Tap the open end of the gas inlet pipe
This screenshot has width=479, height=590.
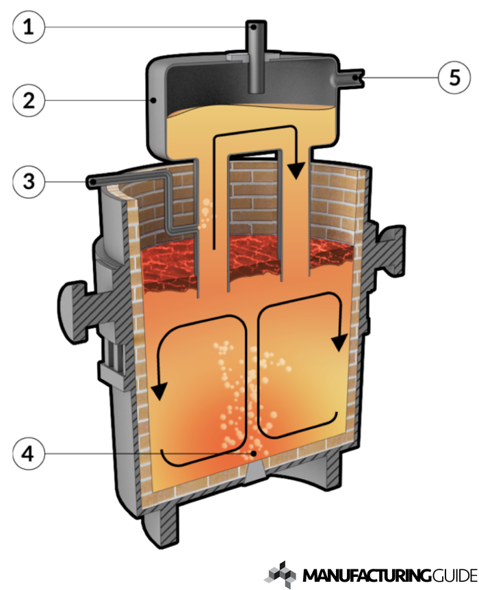(x=91, y=181)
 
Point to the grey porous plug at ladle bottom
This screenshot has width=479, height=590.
(x=255, y=471)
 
